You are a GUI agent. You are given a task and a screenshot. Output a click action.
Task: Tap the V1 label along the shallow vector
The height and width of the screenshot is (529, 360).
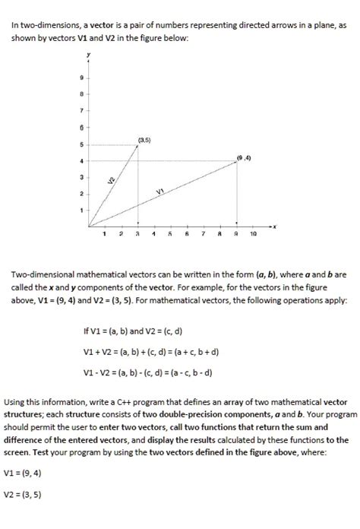click(161, 192)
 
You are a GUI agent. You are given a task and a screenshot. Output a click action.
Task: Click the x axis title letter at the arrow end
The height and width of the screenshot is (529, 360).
click(278, 226)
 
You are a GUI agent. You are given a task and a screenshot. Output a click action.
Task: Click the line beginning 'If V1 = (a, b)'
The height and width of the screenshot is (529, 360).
click(134, 331)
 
